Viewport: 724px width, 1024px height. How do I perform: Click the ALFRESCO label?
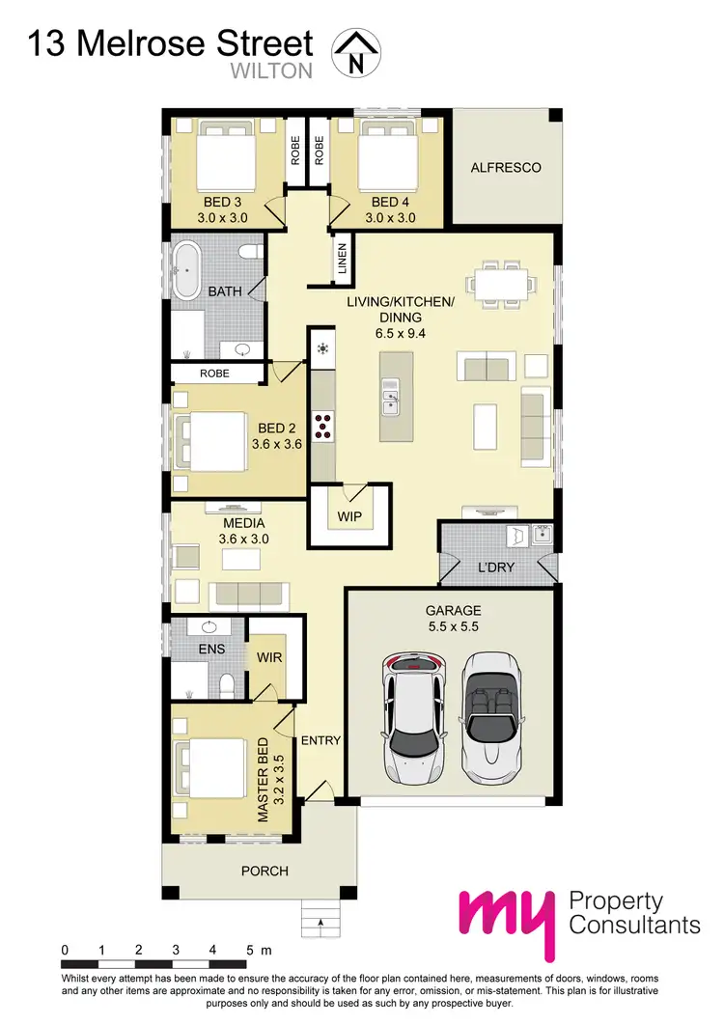505,167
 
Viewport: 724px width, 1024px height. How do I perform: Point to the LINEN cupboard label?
342,259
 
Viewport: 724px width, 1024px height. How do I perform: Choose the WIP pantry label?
349,517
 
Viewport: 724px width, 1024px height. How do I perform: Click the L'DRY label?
497,567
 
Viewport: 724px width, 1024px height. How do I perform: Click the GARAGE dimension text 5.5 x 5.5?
453,627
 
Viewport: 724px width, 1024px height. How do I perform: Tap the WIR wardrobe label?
268,657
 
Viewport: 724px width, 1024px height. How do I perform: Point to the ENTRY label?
321,740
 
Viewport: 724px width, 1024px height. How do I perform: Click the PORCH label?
265,871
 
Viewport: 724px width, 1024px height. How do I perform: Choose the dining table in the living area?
501,282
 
